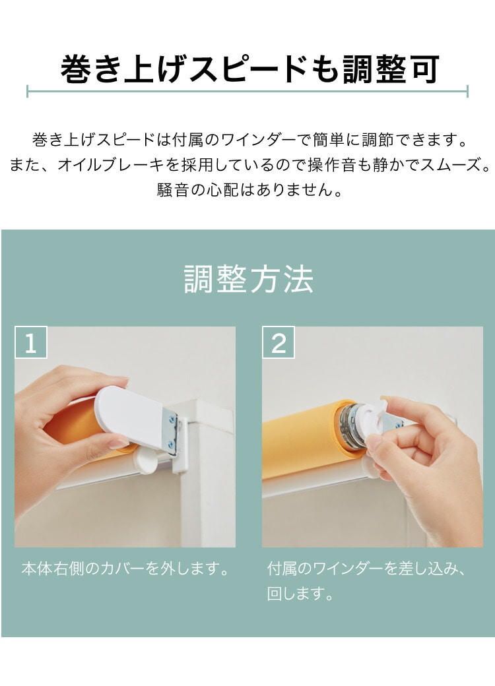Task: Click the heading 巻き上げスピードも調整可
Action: click(x=249, y=69)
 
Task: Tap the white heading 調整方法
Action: click(x=249, y=279)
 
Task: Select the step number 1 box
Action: click(x=30, y=342)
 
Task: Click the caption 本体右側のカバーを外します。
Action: click(x=125, y=569)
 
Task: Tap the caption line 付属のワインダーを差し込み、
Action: click(x=367, y=569)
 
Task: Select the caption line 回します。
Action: click(x=300, y=594)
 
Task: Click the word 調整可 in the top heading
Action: click(x=391, y=69)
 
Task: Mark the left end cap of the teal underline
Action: click(x=27, y=92)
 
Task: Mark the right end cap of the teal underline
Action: click(x=467, y=92)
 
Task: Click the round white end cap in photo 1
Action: click(x=145, y=460)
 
